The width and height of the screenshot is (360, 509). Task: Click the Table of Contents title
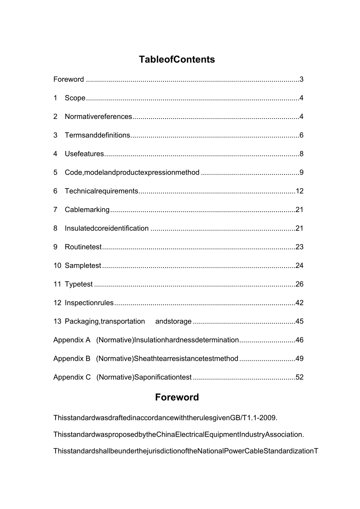[177, 59]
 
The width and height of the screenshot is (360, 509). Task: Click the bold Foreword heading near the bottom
[177, 397]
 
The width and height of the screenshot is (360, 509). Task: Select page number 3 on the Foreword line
[301, 79]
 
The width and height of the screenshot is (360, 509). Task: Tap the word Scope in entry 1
[75, 98]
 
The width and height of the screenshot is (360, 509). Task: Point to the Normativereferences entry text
[99, 117]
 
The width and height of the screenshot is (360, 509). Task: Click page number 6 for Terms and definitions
[301, 135]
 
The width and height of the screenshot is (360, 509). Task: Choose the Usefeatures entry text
[85, 154]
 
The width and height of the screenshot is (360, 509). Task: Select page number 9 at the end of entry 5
[301, 173]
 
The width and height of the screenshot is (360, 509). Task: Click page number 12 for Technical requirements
[300, 191]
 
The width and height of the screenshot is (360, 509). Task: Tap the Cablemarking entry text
[87, 210]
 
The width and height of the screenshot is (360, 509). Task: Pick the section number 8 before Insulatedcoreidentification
[56, 228]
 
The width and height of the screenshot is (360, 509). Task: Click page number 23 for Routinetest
[300, 247]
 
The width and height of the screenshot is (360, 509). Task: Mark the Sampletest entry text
[83, 266]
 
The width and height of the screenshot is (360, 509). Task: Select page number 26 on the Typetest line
[300, 284]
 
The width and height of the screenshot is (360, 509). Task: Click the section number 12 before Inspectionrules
[58, 303]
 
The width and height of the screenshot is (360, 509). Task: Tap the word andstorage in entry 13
[173, 322]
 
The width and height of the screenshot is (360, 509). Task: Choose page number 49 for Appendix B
[300, 359]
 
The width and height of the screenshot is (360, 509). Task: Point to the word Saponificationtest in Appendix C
[163, 377]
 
